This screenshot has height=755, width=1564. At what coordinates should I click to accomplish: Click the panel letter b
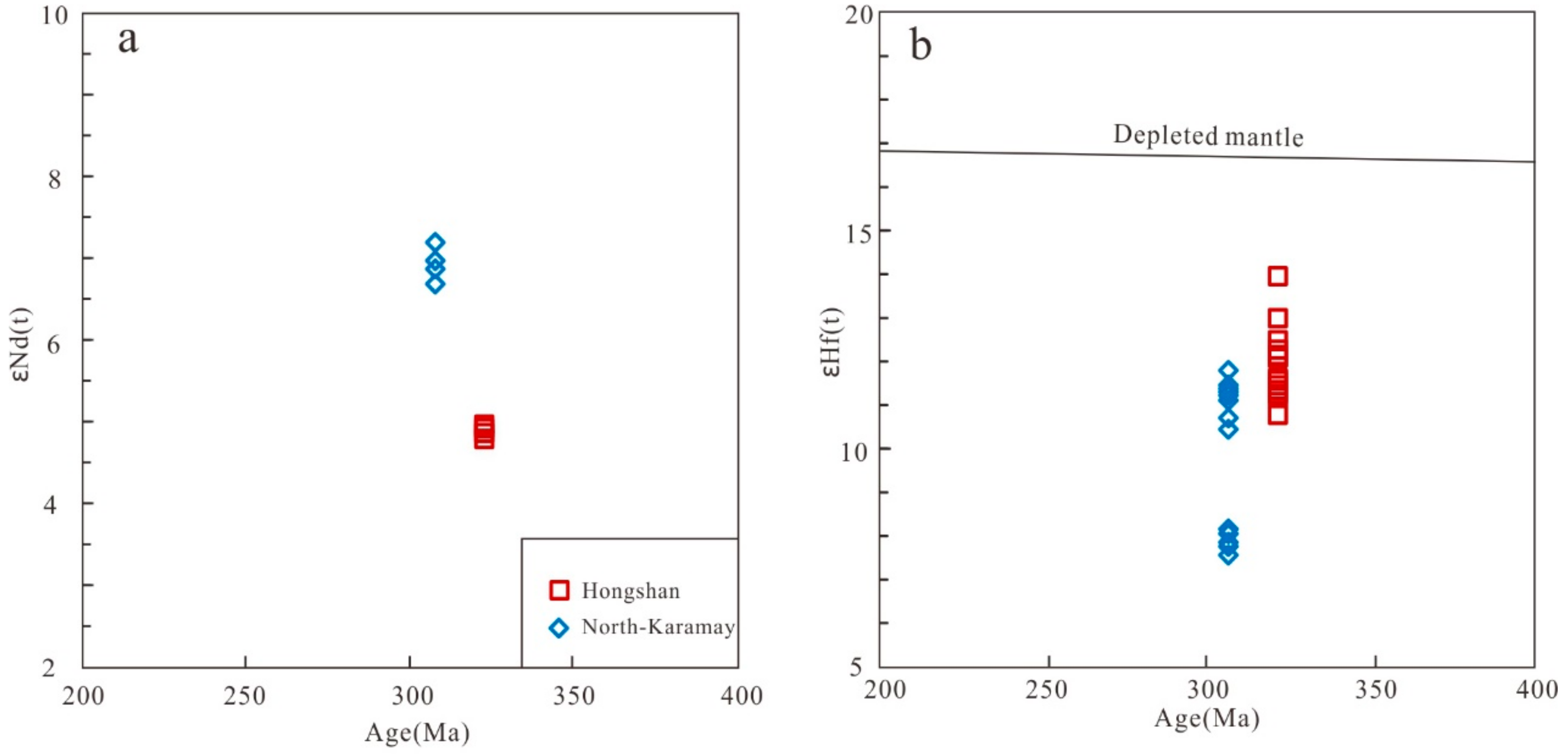(x=921, y=46)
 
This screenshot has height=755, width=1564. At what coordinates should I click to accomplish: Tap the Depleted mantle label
(x=1208, y=136)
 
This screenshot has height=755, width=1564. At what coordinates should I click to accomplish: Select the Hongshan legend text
(x=630, y=591)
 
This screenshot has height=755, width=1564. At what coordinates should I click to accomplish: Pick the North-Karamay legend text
(x=658, y=627)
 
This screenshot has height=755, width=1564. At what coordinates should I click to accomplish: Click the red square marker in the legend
(x=559, y=590)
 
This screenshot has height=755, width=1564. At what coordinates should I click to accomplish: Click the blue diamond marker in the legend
(x=559, y=628)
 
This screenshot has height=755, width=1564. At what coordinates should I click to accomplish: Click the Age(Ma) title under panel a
(x=417, y=733)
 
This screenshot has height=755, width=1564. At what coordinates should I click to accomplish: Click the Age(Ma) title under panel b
(x=1206, y=718)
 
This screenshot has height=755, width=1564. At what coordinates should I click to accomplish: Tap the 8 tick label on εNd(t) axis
(x=55, y=179)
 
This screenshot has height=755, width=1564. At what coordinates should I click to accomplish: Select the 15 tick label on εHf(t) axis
(x=858, y=233)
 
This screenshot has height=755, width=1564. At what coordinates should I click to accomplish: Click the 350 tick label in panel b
(x=1375, y=690)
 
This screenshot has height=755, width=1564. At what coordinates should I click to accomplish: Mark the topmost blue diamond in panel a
(x=435, y=242)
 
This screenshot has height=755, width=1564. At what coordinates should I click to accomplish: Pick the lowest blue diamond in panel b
(x=1228, y=555)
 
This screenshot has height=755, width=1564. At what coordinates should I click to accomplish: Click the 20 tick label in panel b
(x=858, y=15)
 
